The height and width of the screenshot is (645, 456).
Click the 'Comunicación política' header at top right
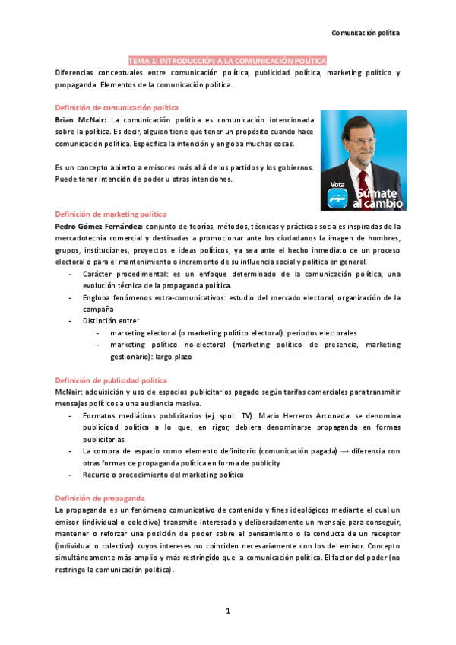point(366,33)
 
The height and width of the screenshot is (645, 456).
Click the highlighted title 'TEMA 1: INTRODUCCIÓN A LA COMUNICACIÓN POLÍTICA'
point(227,60)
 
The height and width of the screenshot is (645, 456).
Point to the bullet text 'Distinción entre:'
point(111,321)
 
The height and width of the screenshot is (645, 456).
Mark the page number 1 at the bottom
point(227,611)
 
